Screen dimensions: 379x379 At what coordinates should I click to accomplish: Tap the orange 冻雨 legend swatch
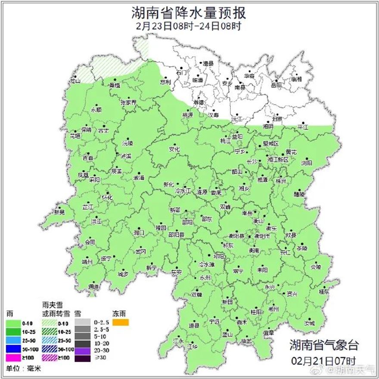(121, 322)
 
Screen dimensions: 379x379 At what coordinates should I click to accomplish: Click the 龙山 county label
(75, 81)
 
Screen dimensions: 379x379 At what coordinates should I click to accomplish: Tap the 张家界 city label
(128, 103)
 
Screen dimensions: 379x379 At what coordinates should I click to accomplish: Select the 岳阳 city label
(276, 85)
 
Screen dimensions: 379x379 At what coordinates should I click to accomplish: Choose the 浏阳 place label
(307, 163)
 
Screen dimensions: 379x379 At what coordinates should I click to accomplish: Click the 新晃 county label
(59, 212)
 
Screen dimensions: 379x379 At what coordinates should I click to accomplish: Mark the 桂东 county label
(324, 292)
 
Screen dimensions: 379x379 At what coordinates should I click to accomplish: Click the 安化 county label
(174, 149)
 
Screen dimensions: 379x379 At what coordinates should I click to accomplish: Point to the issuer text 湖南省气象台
(323, 345)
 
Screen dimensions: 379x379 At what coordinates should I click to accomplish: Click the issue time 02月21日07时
(323, 360)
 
